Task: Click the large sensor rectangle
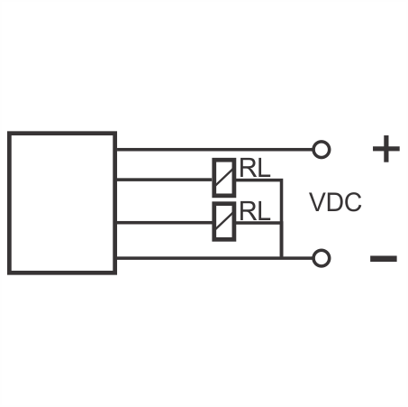[9, 203]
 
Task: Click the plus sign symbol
[386, 149]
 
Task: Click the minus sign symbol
[384, 258]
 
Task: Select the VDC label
[335, 202]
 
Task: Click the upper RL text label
[255, 168]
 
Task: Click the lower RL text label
[255, 211]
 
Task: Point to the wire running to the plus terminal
[214, 149]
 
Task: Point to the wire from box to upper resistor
[164, 180]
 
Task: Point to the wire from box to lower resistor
[164, 223]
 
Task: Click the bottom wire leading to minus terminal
[214, 258]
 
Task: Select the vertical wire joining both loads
[281, 218]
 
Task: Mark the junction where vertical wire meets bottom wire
[281, 258]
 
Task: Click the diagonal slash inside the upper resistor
[224, 178]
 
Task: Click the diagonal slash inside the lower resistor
[224, 221]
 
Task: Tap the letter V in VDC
[317, 202]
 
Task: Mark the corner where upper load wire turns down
[281, 180]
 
